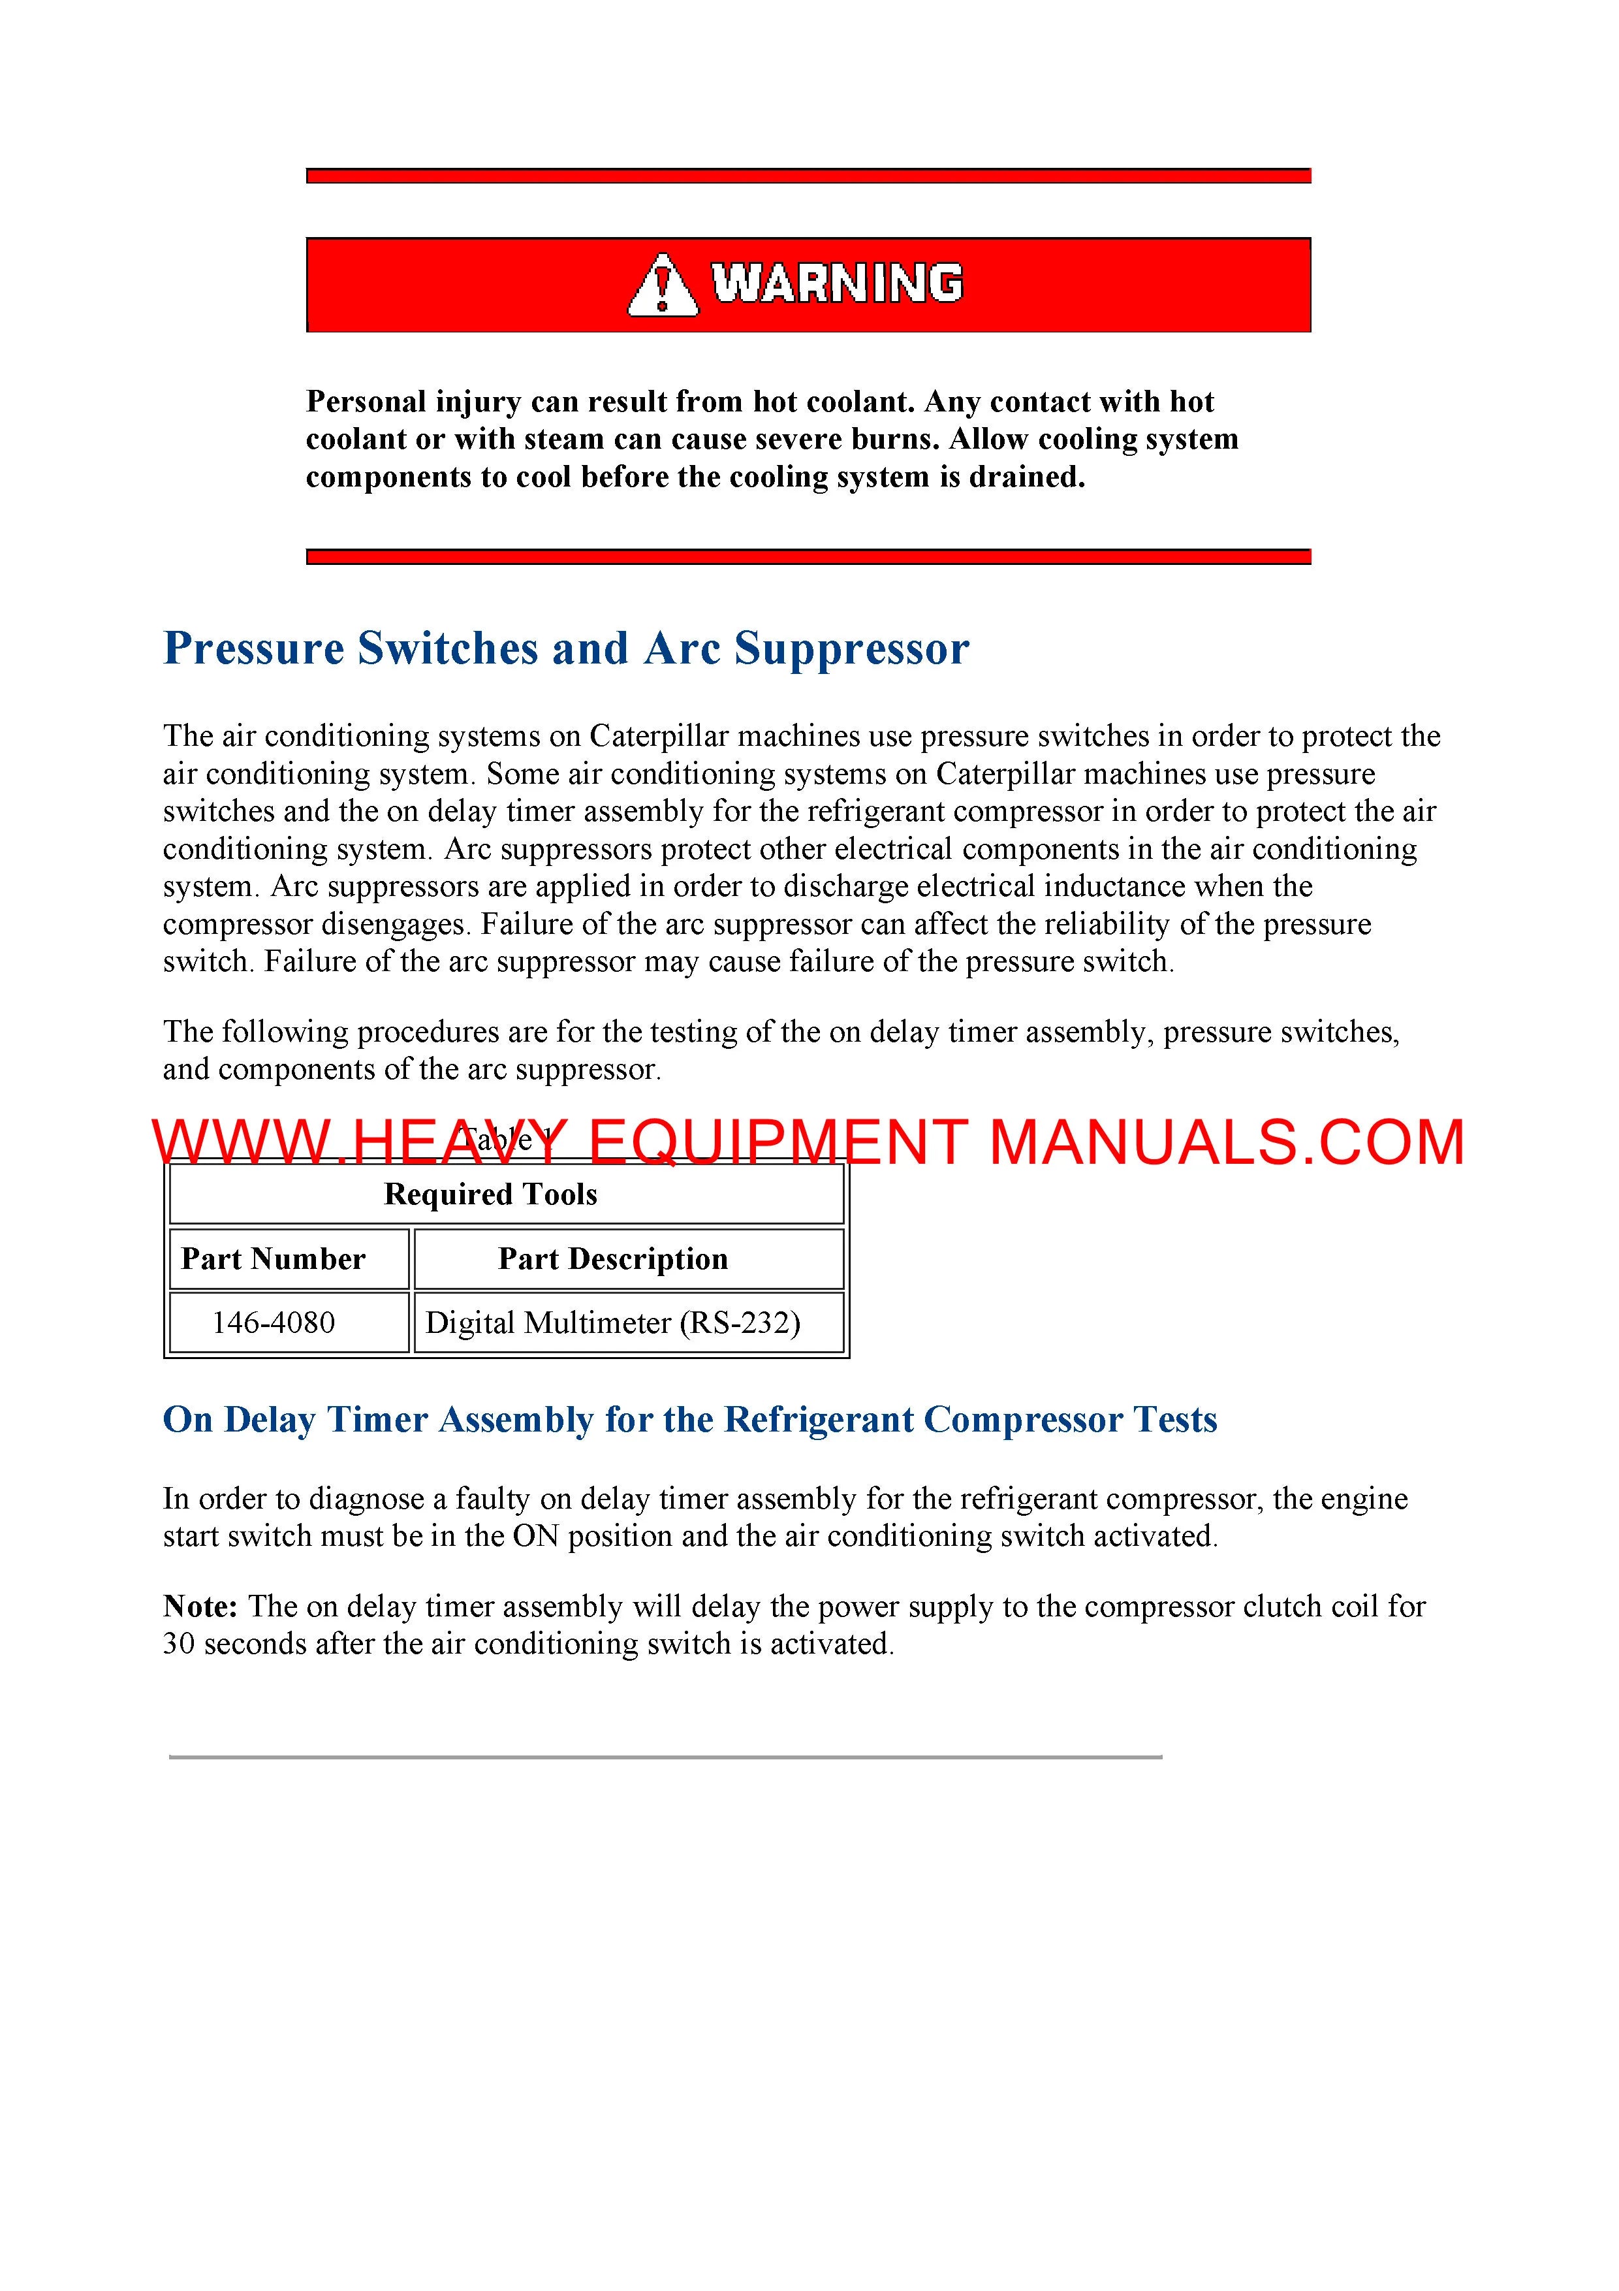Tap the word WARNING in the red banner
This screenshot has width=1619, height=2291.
click(837, 283)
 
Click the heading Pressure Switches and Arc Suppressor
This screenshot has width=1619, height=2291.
click(565, 649)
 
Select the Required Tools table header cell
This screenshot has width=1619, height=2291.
click(491, 1194)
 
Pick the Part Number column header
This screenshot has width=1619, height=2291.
click(274, 1259)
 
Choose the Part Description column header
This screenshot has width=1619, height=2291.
click(612, 1259)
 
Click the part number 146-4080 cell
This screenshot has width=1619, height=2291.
click(274, 1323)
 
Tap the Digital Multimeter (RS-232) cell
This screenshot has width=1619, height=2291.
click(612, 1323)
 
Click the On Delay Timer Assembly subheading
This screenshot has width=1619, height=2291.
click(689, 1420)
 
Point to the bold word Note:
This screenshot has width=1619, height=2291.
click(200, 1607)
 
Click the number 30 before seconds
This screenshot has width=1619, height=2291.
click(179, 1643)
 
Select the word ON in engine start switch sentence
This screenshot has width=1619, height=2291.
click(536, 1535)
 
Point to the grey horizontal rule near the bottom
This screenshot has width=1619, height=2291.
click(665, 1756)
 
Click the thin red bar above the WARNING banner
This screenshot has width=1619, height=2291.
click(808, 176)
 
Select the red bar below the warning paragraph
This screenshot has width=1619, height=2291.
click(808, 557)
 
